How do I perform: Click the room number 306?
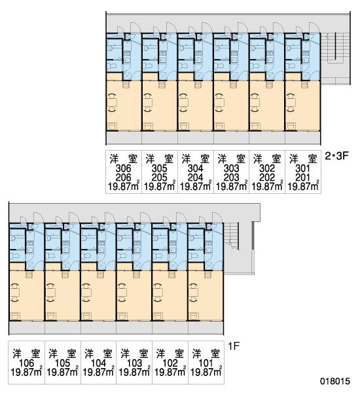[123, 168]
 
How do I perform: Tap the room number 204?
[196, 178]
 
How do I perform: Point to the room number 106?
[26, 363]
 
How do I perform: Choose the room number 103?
[134, 363]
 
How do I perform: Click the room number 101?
[206, 363]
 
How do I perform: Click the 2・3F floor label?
[336, 156]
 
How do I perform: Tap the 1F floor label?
[234, 346]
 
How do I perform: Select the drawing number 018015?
[335, 381]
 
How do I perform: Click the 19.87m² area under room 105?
[62, 371]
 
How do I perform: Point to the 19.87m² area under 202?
[267, 186]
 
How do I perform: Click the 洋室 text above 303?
[231, 159]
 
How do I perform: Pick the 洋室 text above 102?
[170, 354]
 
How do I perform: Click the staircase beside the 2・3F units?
[335, 58]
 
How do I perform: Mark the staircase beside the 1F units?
[232, 236]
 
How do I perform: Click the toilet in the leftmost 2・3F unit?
[112, 66]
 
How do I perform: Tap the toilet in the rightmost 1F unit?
[193, 256]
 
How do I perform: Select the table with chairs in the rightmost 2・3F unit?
[291, 102]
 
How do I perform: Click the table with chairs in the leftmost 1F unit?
[15, 292]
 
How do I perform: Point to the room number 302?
[267, 168]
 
